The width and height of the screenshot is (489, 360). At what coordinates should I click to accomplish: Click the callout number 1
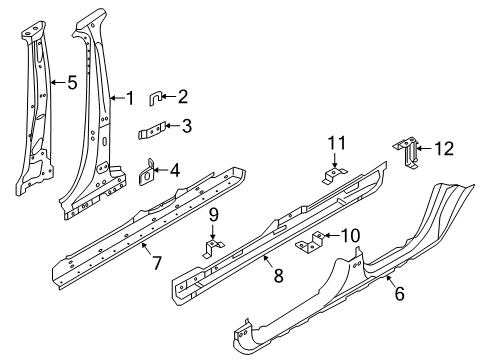pyautogui.click(x=127, y=97)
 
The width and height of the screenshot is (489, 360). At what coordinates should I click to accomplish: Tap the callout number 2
pyautogui.click(x=182, y=97)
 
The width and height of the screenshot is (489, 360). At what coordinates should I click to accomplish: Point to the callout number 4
pyautogui.click(x=175, y=170)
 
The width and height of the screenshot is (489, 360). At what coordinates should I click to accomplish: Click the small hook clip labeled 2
pyautogui.click(x=157, y=97)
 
